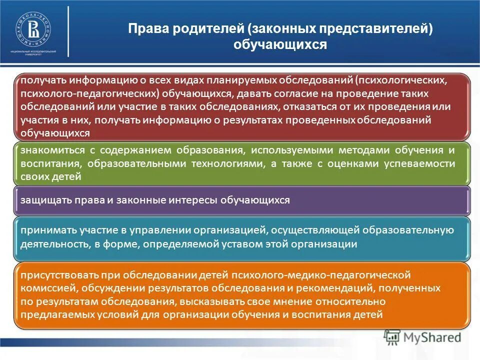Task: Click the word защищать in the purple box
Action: (41, 200)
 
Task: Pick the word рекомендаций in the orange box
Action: (324, 288)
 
